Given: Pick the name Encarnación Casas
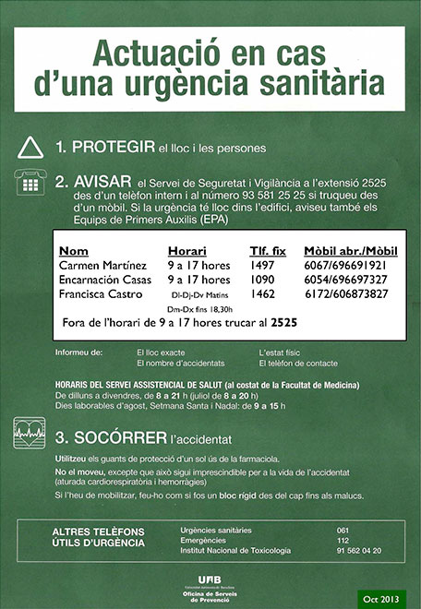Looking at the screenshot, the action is pyautogui.click(x=104, y=280).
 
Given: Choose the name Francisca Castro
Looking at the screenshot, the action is pyautogui.click(x=101, y=294).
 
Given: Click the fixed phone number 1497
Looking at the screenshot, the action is pyautogui.click(x=263, y=265).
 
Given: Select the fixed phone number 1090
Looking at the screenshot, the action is pyautogui.click(x=263, y=280).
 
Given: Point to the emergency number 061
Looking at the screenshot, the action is pyautogui.click(x=344, y=530).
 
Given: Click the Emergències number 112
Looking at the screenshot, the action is pyautogui.click(x=344, y=540).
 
